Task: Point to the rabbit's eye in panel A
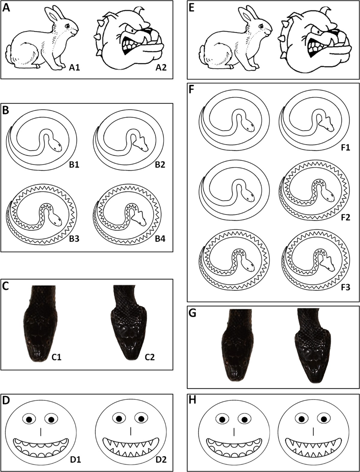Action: tap(67, 26)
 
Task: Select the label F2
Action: tap(344, 217)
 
